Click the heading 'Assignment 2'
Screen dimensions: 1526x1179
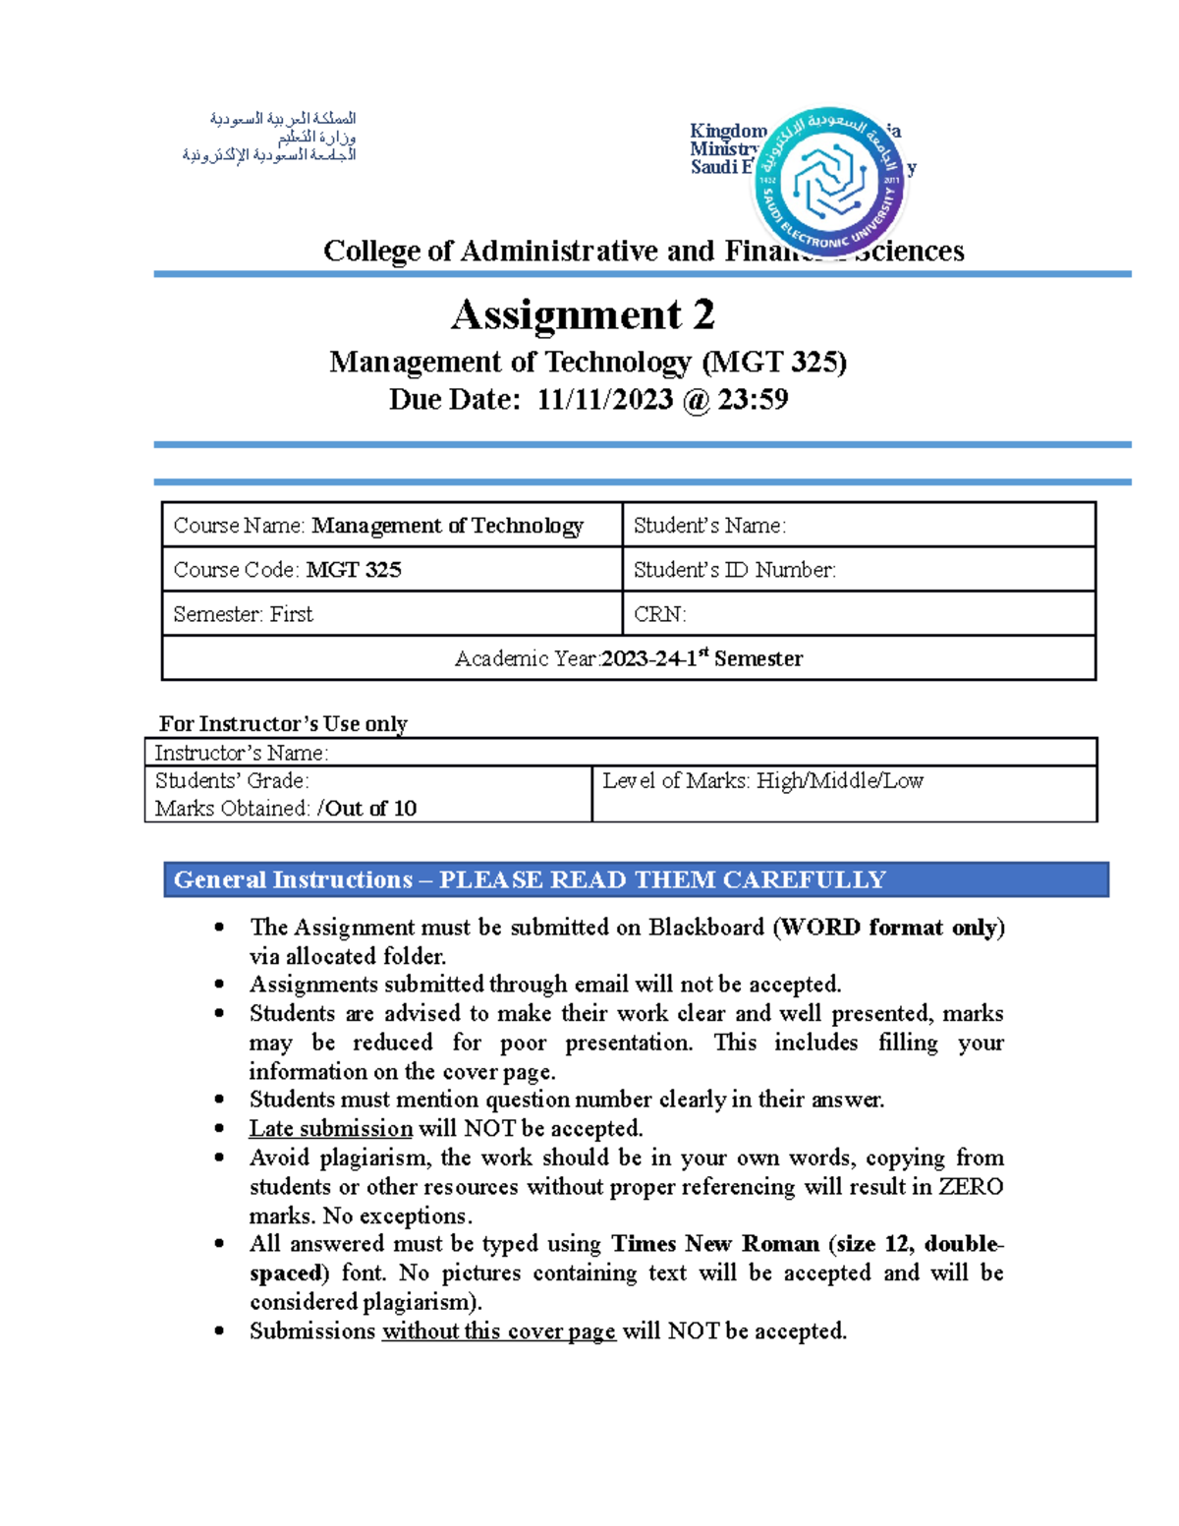(583, 315)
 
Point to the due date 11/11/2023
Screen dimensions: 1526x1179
(604, 400)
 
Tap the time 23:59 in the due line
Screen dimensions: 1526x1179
(753, 400)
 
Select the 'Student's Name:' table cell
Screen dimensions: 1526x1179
(858, 526)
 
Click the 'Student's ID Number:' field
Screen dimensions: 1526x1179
(858, 570)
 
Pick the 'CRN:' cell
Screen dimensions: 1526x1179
(858, 614)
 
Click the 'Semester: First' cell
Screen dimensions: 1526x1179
(391, 614)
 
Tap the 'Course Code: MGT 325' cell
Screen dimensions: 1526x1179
(391, 570)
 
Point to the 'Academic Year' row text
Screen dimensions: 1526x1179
(628, 658)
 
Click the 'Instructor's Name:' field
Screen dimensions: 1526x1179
(620, 753)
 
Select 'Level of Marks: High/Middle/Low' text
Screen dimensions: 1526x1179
(762, 781)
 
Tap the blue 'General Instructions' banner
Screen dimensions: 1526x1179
(636, 879)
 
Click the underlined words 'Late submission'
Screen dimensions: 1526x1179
(330, 1129)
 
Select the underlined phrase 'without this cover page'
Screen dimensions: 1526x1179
(498, 1331)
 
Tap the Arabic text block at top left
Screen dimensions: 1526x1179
(269, 137)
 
